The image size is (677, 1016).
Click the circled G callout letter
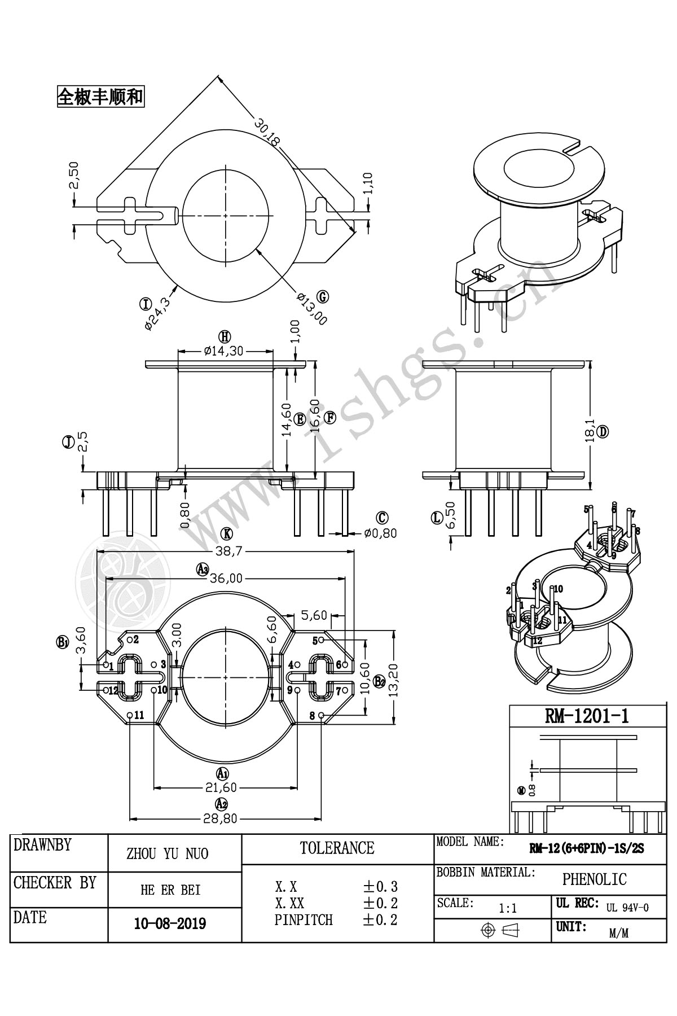point(323,297)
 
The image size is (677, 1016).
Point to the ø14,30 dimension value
point(224,351)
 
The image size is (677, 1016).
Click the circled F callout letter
point(329,418)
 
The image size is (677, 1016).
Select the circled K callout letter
point(226,533)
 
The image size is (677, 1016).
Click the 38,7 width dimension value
point(226,551)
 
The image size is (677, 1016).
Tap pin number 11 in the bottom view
point(139,715)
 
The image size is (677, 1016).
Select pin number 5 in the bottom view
point(315,641)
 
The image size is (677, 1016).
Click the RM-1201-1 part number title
point(587,716)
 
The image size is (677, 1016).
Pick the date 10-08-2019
point(170,923)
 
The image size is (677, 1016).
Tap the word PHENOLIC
point(594,879)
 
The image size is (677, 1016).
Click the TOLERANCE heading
point(337,848)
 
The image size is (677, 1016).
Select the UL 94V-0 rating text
point(627,908)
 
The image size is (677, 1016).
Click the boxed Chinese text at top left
point(100,97)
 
